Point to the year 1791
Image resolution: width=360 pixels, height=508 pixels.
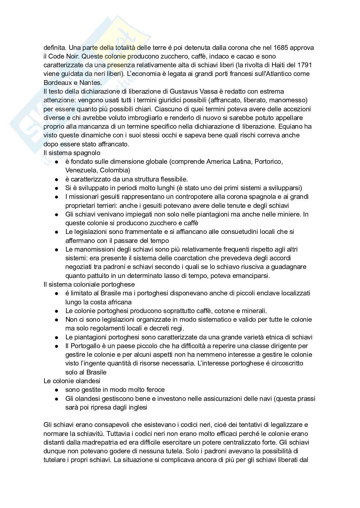point(304,65)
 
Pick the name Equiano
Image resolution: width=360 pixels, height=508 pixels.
point(296,126)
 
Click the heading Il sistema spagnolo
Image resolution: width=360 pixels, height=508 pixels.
point(72,153)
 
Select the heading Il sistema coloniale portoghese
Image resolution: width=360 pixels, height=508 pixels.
point(89,284)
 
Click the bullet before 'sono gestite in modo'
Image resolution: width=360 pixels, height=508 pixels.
point(57,390)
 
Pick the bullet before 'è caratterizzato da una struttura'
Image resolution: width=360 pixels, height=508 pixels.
point(57,179)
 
